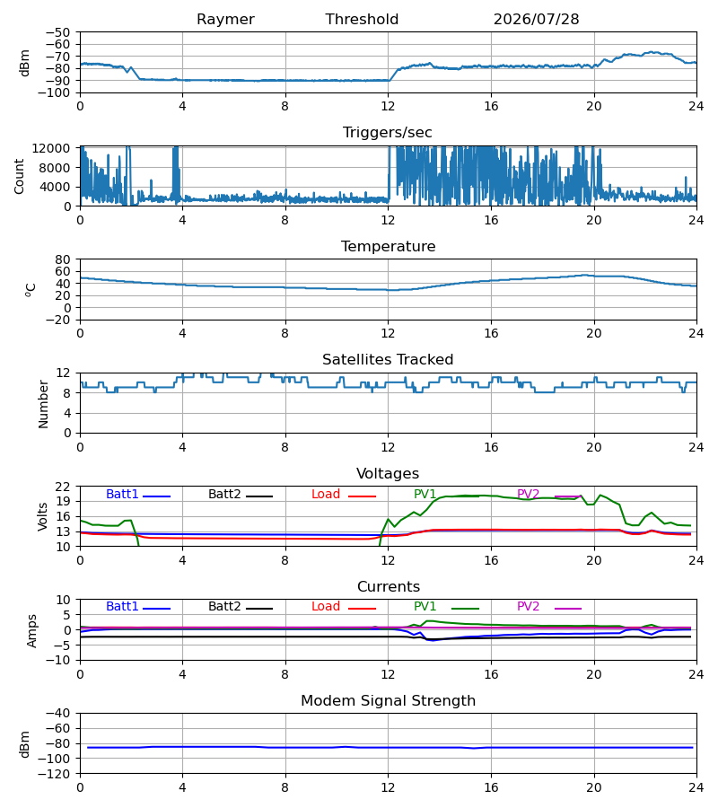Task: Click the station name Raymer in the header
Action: tap(225, 20)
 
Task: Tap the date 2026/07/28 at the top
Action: tap(536, 20)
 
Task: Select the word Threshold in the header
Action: tap(362, 20)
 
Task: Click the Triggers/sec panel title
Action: tap(388, 133)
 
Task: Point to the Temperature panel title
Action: tap(388, 246)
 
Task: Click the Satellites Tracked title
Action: tap(388, 360)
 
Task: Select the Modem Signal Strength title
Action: tap(388, 701)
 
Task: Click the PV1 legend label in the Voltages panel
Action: tap(425, 494)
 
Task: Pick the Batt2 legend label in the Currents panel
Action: tap(224, 607)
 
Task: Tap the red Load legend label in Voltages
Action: tap(326, 494)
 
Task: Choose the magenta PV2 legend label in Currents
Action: tap(528, 607)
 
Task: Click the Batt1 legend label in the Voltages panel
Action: tap(122, 494)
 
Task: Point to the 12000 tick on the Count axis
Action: tap(51, 148)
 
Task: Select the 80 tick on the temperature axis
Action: tap(63, 259)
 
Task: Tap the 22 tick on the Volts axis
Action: tap(63, 487)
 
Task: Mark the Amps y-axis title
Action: tap(31, 631)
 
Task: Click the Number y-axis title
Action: tap(43, 404)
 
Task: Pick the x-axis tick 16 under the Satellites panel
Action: tap(491, 447)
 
